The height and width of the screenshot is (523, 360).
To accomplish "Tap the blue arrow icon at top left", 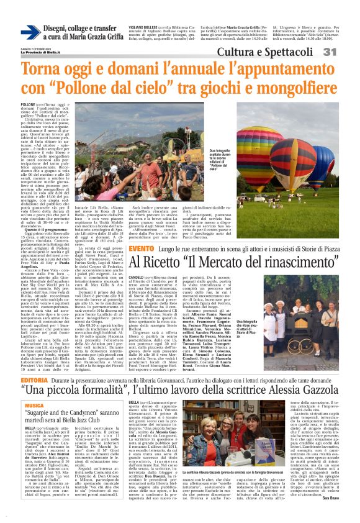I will click(x=30, y=32).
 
